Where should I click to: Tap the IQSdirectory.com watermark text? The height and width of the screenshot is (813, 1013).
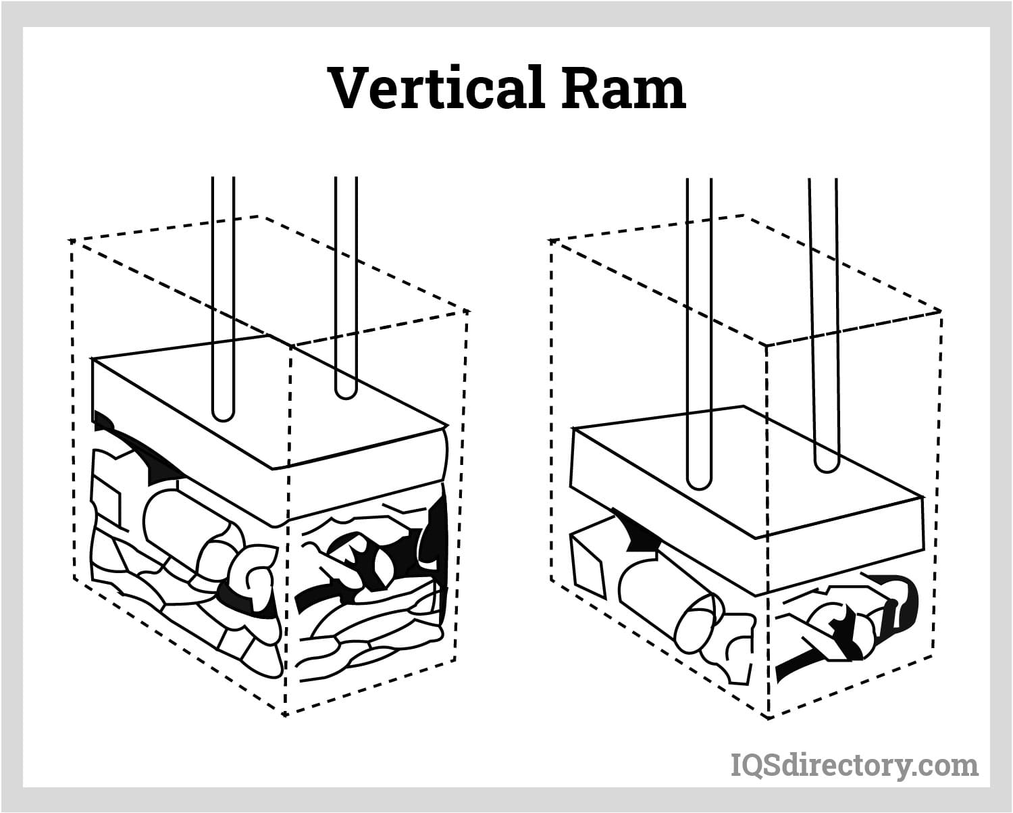pyautogui.click(x=854, y=765)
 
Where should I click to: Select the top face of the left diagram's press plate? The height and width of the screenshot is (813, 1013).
pyautogui.click(x=270, y=399)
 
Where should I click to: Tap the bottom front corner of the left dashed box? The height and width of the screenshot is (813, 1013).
pyautogui.click(x=286, y=714)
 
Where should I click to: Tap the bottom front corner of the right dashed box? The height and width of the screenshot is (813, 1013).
pyautogui.click(x=769, y=717)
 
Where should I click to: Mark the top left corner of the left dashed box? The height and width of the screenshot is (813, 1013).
pyautogui.click(x=71, y=240)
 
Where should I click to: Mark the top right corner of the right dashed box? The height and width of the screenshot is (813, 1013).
pyautogui.click(x=940, y=311)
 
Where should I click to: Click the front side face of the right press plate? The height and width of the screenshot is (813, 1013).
pyautogui.click(x=844, y=547)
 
